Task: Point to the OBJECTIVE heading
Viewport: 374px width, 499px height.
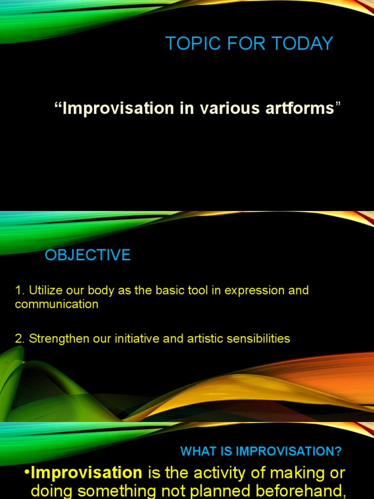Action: (x=88, y=255)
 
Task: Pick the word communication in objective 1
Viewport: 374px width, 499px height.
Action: (x=56, y=305)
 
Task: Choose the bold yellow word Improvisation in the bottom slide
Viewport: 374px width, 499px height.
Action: (x=86, y=473)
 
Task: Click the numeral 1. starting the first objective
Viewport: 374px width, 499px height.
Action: (x=20, y=290)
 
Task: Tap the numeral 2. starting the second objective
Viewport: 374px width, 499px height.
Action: (x=20, y=339)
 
